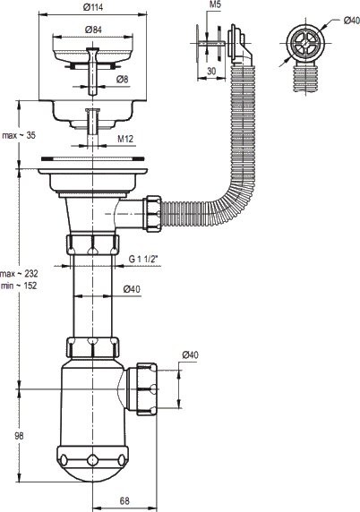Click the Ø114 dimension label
(x=92, y=7)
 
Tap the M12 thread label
(x=126, y=139)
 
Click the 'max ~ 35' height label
(x=19, y=135)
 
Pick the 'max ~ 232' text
(x=21, y=272)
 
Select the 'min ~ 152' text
(x=21, y=286)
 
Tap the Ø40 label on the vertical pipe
(x=131, y=288)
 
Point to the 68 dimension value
(x=125, y=501)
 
